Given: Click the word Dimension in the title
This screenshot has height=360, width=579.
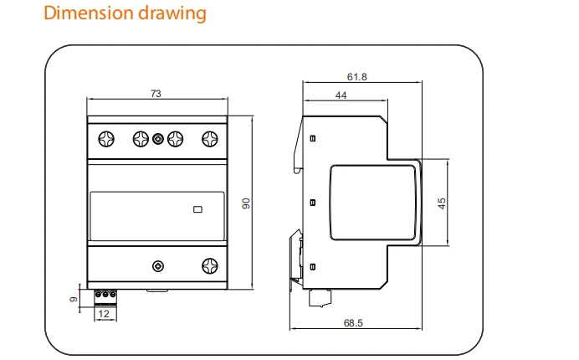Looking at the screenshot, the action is point(89,13).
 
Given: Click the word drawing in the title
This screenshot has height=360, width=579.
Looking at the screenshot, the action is point(172,14).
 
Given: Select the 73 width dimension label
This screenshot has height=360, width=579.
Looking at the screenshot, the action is point(156,94).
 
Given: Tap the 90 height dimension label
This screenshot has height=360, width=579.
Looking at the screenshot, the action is point(246,203).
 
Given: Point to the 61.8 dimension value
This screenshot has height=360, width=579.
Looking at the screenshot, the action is point(356,77).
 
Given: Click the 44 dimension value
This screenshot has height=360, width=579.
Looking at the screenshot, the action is point(341,95).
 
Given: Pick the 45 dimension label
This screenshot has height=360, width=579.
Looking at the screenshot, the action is point(442,203).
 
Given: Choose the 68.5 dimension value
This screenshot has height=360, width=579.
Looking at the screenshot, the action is point(353,323).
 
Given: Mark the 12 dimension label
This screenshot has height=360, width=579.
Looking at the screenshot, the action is point(104,314).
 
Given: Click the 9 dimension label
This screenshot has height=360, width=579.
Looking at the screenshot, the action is point(74,299).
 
